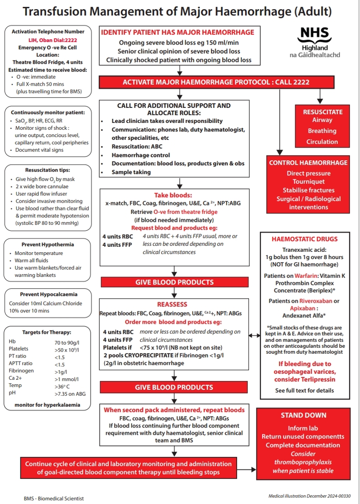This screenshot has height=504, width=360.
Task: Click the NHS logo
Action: pyautogui.click(x=314, y=35)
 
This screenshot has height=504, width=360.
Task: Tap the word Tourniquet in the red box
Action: pyautogui.click(x=308, y=182)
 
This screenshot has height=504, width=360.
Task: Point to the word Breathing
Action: pyautogui.click(x=322, y=131)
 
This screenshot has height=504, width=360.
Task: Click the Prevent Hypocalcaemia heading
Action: pyautogui.click(x=48, y=294)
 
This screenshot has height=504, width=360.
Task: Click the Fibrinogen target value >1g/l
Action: pyautogui.click(x=63, y=371)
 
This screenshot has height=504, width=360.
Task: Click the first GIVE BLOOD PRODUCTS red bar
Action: pyautogui.click(x=174, y=282)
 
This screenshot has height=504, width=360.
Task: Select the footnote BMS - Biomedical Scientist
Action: pyautogui.click(x=54, y=499)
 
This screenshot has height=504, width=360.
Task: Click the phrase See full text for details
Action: pyautogui.click(x=304, y=390)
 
